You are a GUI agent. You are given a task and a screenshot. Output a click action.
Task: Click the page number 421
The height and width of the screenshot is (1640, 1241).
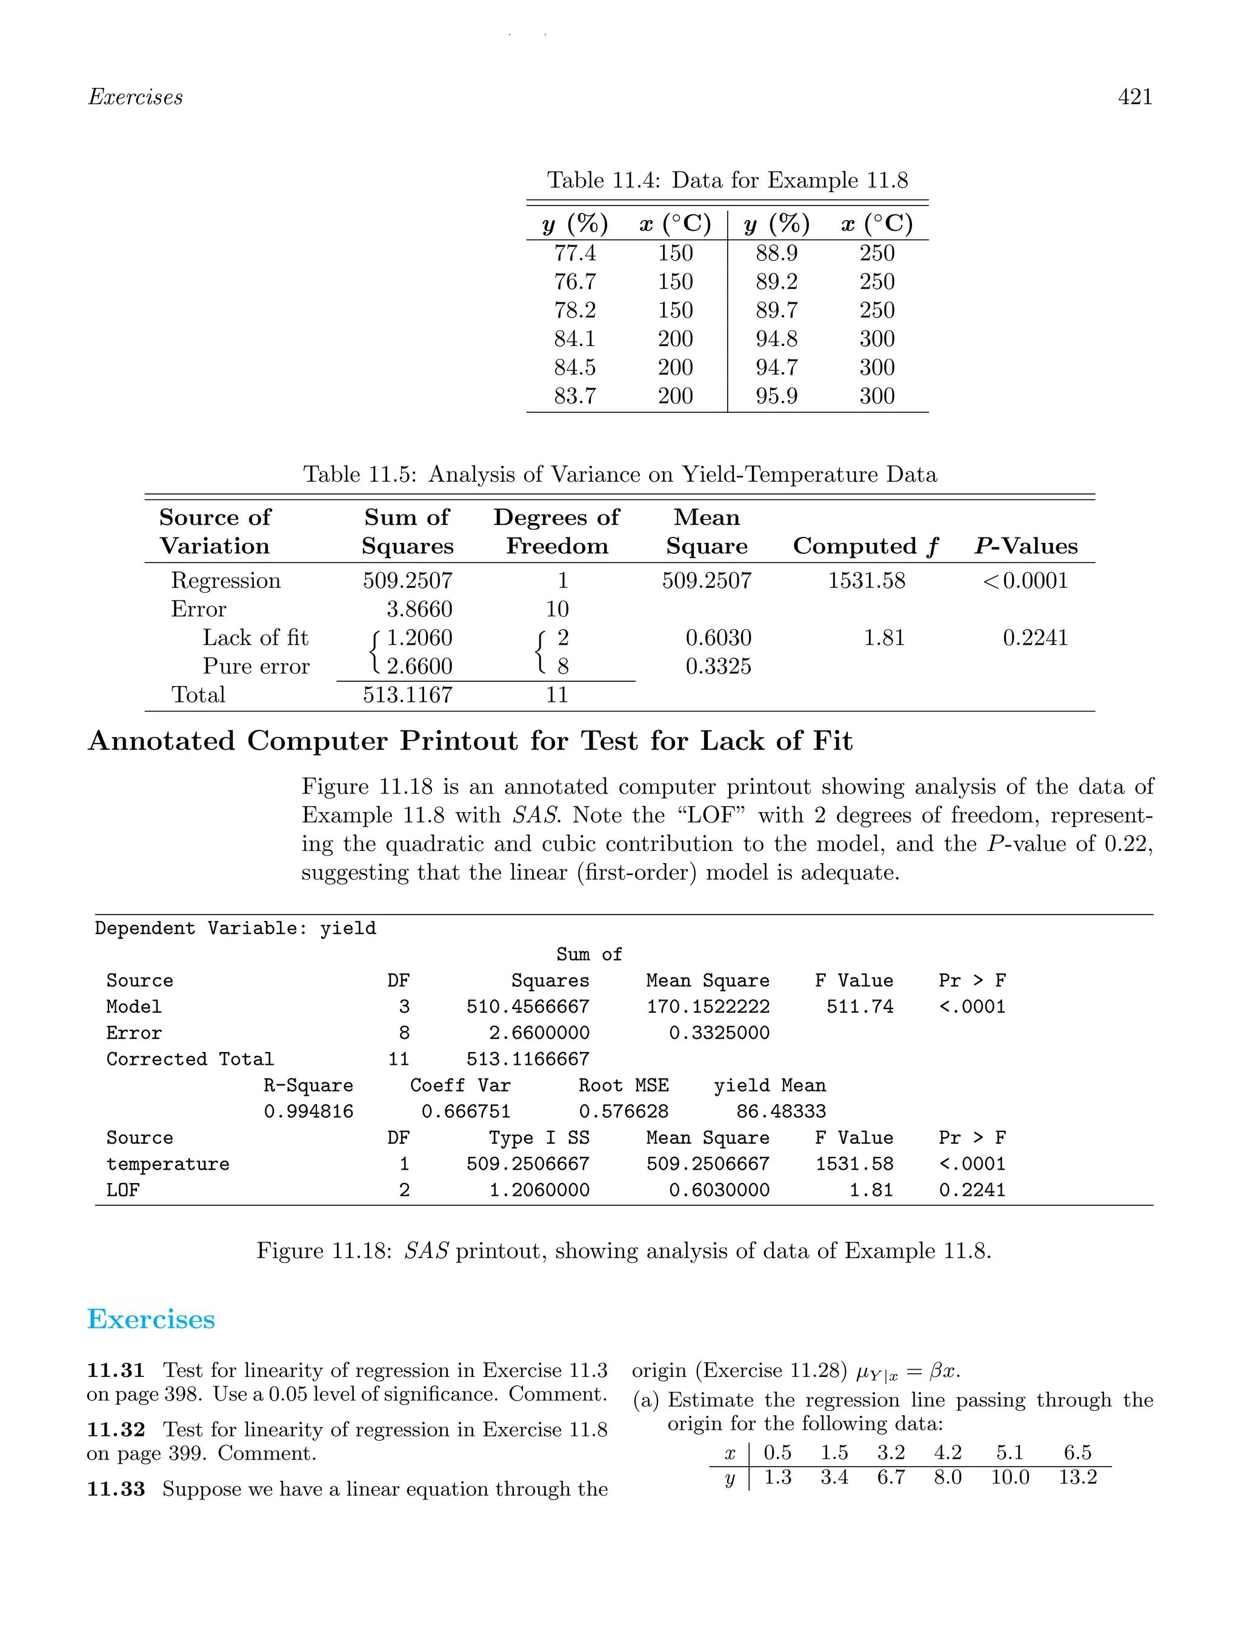click(1134, 97)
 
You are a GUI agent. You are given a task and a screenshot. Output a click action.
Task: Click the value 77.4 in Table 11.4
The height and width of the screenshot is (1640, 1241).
click(574, 253)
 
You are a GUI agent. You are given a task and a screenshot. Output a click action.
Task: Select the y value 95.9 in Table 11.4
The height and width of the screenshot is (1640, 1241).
click(776, 396)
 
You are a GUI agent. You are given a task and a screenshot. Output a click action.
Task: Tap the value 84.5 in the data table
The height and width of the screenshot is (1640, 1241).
click(574, 368)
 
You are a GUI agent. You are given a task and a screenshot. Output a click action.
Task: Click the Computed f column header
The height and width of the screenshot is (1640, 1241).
click(865, 547)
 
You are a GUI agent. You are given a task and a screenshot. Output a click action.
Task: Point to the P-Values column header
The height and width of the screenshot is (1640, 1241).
click(1026, 547)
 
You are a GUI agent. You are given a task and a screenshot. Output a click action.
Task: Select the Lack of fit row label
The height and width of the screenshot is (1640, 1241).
click(255, 638)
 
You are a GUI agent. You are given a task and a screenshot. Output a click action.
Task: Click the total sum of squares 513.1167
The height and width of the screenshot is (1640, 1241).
click(408, 695)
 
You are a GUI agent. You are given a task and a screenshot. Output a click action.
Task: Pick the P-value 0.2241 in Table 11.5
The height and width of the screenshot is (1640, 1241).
click(1035, 638)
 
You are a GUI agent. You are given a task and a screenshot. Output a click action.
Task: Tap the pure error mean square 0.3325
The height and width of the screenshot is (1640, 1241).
click(717, 667)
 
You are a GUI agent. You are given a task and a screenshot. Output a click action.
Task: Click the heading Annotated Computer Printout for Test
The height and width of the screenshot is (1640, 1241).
click(470, 741)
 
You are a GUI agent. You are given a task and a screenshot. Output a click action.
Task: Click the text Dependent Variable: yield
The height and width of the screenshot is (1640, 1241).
click(235, 928)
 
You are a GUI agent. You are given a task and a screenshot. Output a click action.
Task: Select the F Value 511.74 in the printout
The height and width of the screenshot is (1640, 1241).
click(860, 1007)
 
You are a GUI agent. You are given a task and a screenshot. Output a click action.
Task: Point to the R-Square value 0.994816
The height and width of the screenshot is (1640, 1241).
click(308, 1112)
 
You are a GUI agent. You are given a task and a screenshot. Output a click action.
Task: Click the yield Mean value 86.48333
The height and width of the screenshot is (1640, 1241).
click(780, 1112)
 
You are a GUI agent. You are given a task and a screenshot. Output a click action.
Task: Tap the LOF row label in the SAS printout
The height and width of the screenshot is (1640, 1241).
click(123, 1190)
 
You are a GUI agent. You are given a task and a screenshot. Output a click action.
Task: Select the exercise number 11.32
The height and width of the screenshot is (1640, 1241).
click(116, 1430)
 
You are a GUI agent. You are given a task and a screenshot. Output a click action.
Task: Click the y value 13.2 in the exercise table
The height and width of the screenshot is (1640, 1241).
click(1077, 1478)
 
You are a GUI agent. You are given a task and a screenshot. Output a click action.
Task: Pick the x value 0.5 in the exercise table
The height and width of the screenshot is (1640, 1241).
click(777, 1453)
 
